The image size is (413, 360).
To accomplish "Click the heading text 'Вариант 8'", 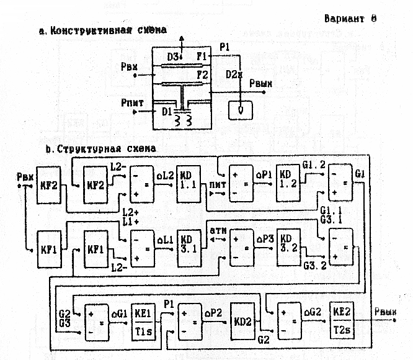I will (350, 18).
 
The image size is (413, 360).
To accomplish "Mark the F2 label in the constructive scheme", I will (202, 76).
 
